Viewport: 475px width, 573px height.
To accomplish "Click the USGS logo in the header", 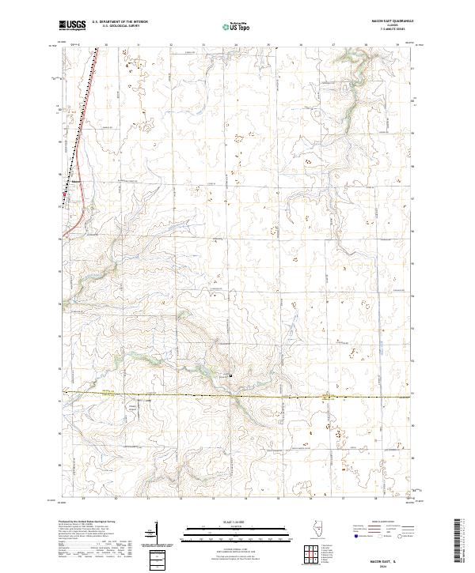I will pyautogui.click(x=71, y=25).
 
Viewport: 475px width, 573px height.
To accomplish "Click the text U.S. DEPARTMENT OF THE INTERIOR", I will pyautogui.click(x=120, y=22).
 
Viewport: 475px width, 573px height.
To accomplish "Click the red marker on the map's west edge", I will pyautogui.click(x=65, y=192).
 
